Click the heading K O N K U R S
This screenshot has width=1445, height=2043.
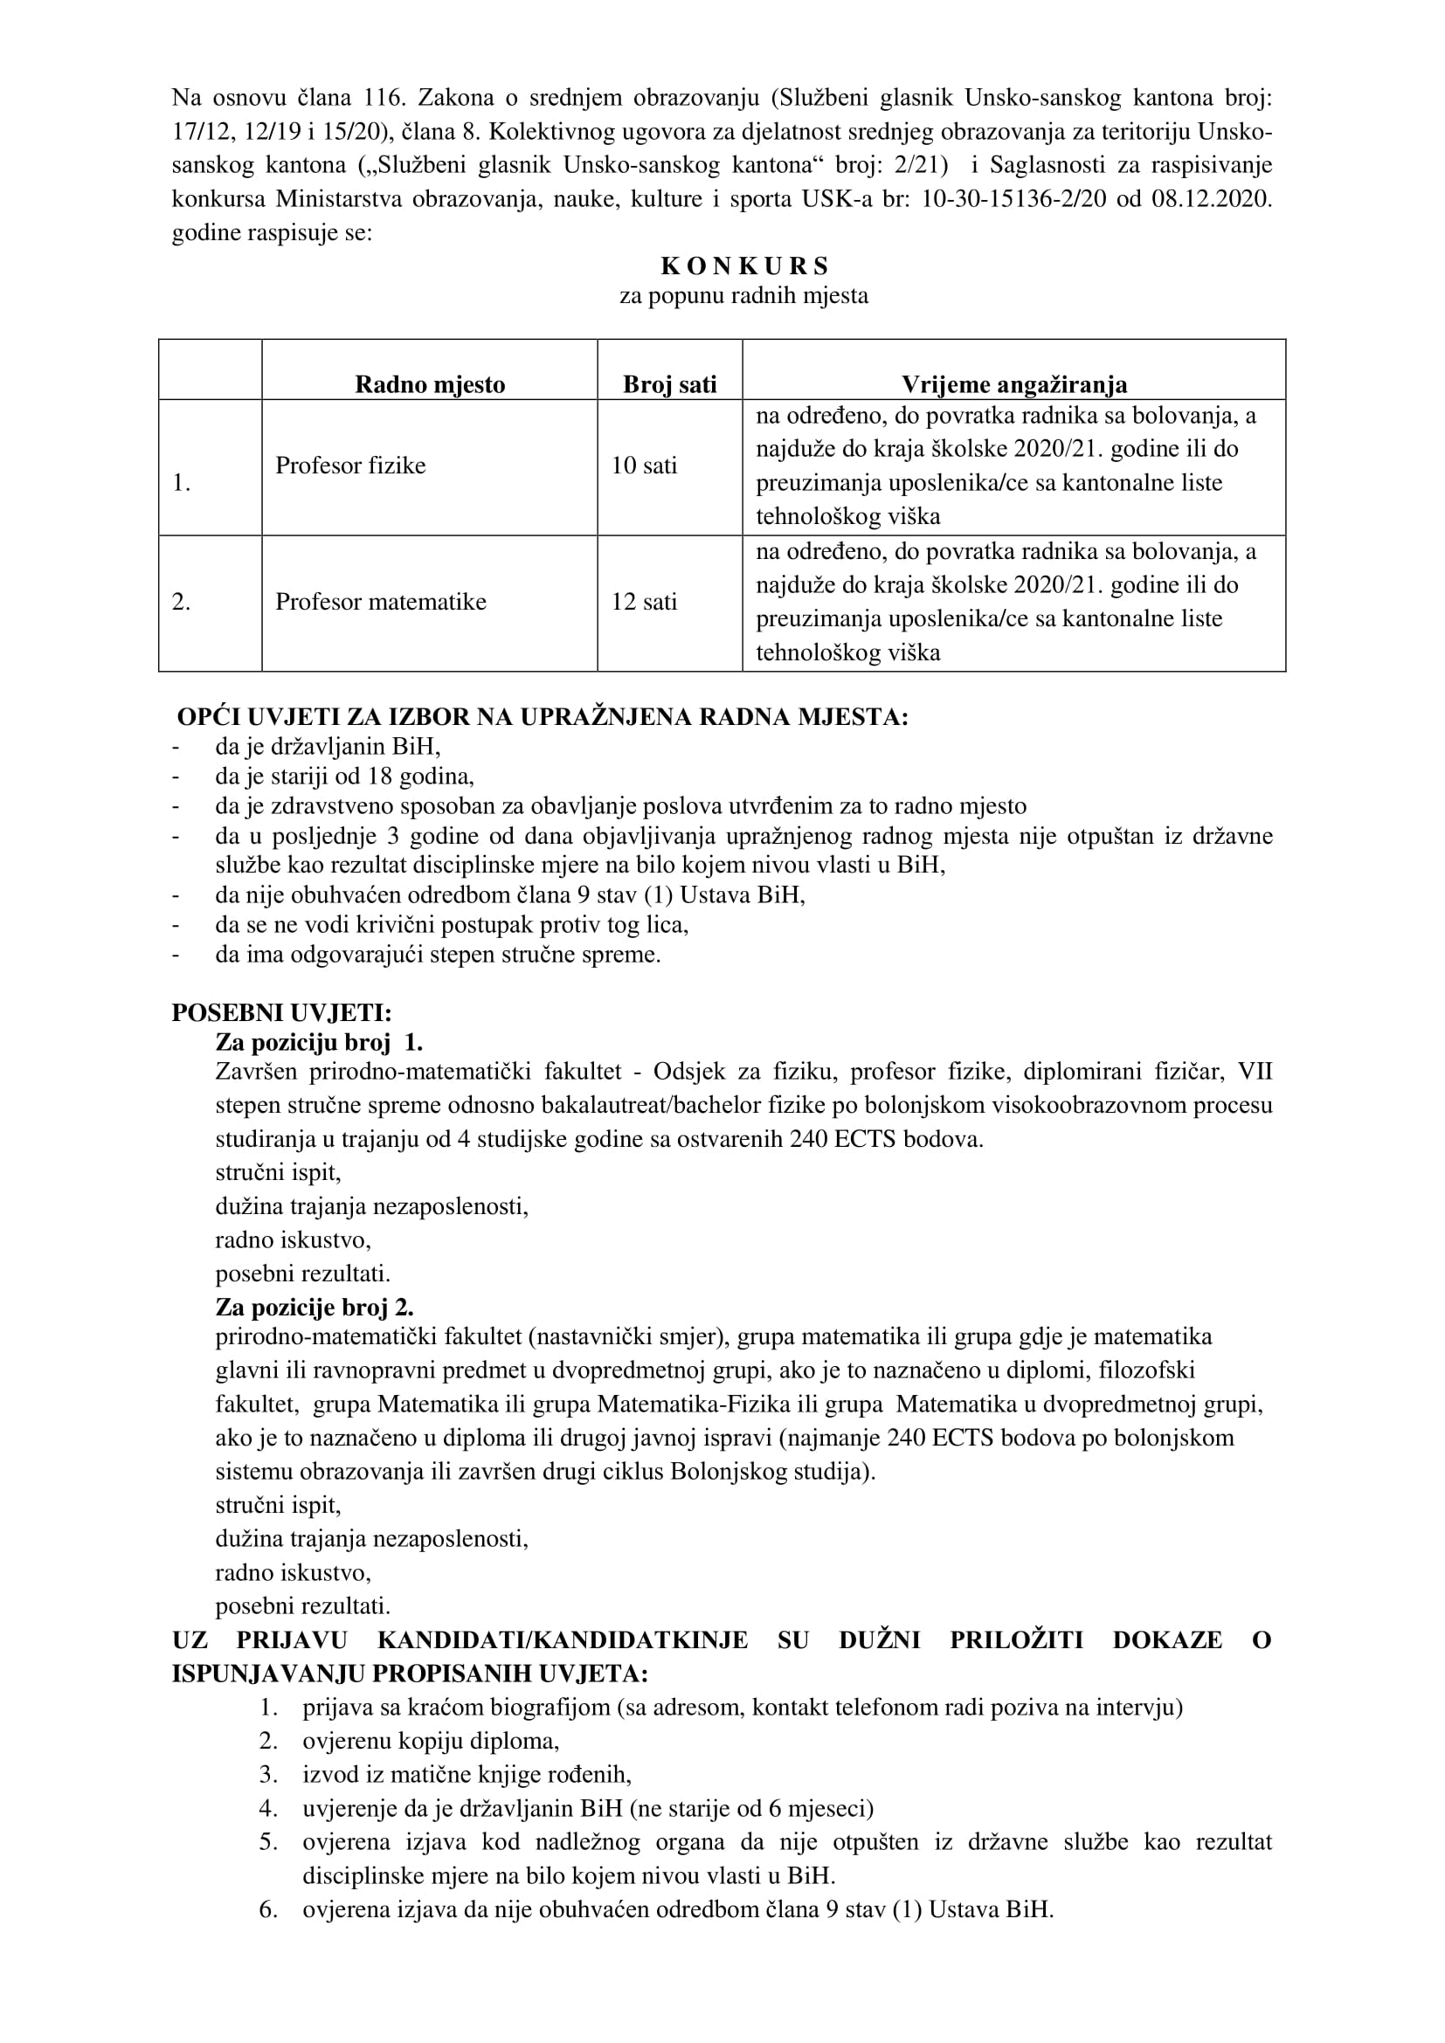743,266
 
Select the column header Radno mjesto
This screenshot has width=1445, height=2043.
430,384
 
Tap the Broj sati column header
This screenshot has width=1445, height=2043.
669,384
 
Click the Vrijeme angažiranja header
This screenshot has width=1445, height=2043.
1013,384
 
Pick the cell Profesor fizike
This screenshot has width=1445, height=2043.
350,466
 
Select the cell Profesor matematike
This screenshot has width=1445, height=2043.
381,602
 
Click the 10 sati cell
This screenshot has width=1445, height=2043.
643,466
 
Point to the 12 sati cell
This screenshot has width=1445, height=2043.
643,602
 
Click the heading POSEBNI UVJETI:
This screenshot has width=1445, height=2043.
281,1012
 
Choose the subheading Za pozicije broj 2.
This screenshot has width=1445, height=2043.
315,1308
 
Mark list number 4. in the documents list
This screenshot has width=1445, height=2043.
269,1808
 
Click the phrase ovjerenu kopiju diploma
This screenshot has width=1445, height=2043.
431,1741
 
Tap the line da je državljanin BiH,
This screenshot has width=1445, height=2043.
328,746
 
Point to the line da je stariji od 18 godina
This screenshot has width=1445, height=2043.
344,776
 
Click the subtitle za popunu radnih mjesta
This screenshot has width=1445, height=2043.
743,295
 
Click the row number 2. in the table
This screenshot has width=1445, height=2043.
182,602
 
